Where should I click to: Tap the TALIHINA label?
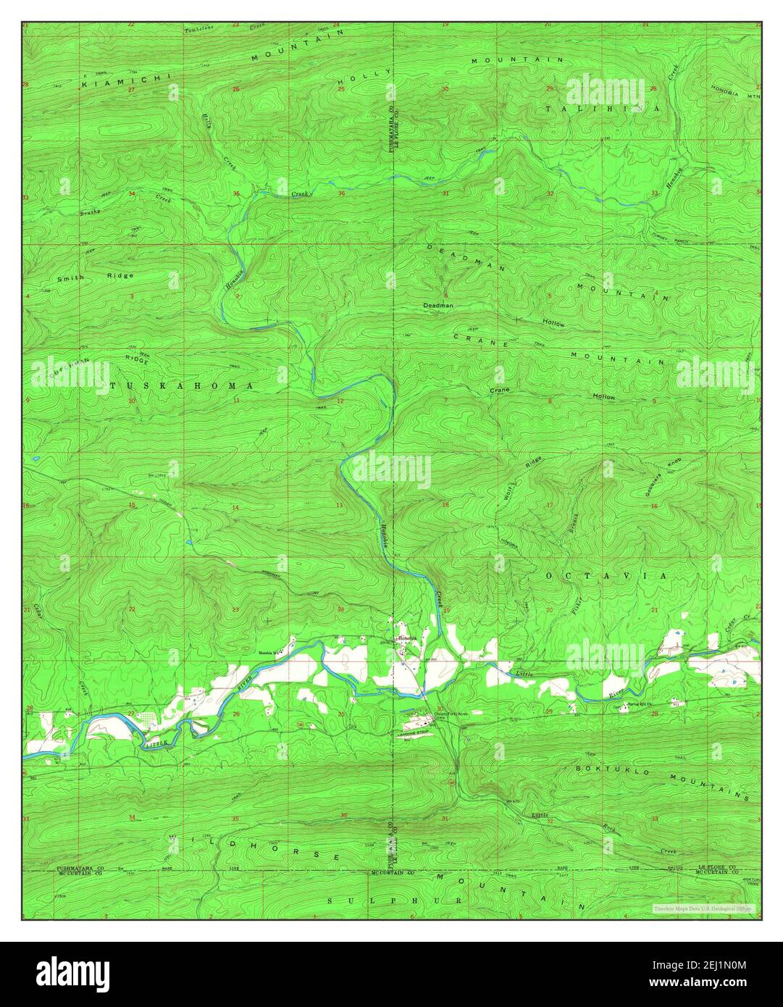click(603, 108)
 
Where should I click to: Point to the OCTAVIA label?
click(605, 574)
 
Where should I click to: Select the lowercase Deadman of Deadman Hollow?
click(438, 306)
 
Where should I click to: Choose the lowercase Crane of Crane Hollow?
click(500, 390)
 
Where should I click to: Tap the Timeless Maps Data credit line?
click(702, 908)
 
